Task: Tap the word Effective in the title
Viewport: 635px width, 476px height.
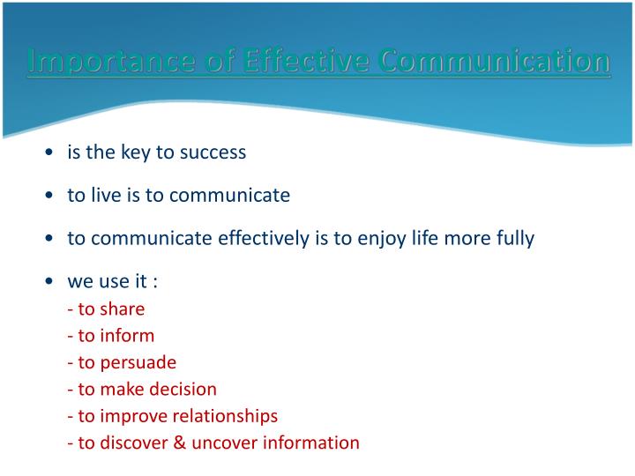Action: [x=306, y=60]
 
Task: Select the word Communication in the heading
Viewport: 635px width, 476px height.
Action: [x=495, y=60]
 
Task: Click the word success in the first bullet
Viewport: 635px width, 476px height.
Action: [x=213, y=152]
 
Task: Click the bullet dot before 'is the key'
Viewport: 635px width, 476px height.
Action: [x=49, y=152]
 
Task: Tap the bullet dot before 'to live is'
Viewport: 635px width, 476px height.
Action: [x=49, y=195]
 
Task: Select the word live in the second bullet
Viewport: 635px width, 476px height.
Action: [x=106, y=195]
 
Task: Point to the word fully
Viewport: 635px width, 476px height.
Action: [x=516, y=239]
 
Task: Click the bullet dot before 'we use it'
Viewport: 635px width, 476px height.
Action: [x=49, y=281]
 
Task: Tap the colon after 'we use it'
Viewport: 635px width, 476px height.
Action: [x=155, y=283]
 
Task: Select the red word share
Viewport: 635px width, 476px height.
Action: [x=123, y=309]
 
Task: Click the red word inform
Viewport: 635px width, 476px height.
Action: [x=127, y=336]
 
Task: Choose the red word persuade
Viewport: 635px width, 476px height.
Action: [x=138, y=363]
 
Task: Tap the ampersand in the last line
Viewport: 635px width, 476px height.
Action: [x=179, y=443]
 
